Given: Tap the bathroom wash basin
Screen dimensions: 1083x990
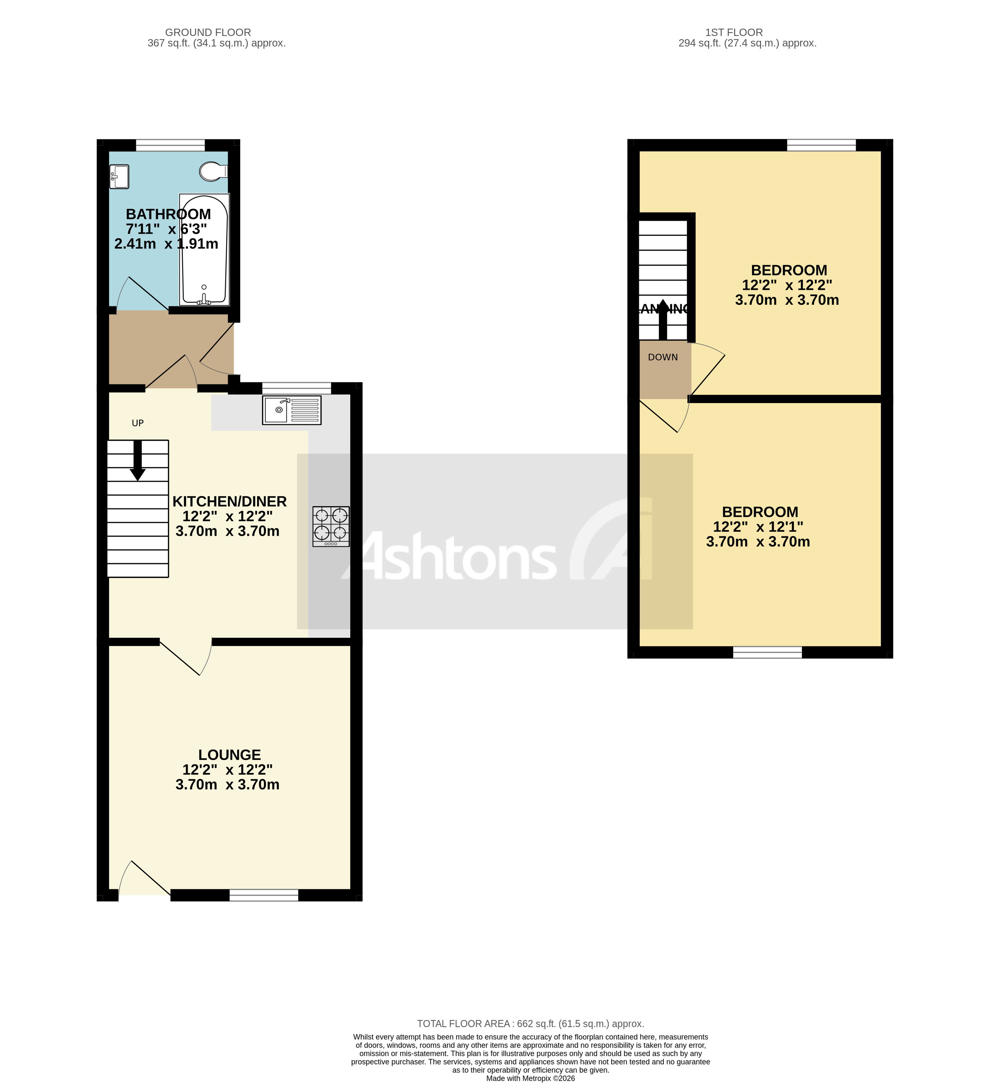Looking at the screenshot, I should pos(119,177).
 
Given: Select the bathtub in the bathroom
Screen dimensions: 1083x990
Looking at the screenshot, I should pos(204,250).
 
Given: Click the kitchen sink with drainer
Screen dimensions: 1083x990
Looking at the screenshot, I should pos(292,410).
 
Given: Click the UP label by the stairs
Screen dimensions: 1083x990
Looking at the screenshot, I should pos(137,423).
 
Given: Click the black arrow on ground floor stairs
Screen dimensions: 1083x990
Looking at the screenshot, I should pos(137,461).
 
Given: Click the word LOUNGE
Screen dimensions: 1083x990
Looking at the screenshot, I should pos(229,755).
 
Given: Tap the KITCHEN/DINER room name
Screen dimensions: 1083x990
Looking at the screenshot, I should pos(229,501).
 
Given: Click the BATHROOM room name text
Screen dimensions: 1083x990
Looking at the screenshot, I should pos(168,214).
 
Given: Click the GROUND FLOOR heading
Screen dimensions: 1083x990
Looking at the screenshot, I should pos(208,32).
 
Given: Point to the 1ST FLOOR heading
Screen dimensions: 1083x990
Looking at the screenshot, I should pos(734,32).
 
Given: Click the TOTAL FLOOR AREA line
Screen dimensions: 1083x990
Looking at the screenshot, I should pos(530,1024).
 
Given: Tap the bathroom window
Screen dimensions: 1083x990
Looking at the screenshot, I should pos(170,145).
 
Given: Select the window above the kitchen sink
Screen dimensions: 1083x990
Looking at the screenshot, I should pos(296,388).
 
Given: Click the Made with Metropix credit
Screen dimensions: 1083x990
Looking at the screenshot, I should pos(530,1078).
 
